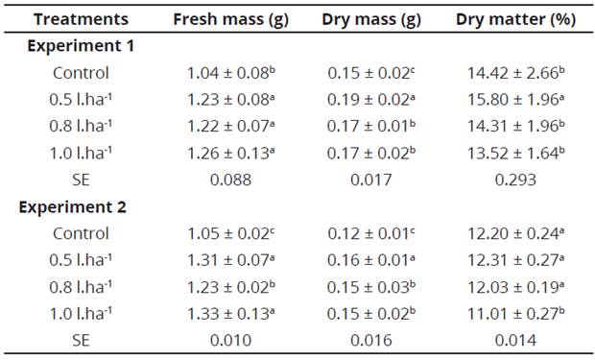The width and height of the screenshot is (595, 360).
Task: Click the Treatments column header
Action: point(82,19)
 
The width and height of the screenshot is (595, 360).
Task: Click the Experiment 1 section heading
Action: point(81,46)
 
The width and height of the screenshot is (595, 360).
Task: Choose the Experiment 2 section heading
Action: point(81,206)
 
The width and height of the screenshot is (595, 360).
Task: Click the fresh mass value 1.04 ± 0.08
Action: point(226,73)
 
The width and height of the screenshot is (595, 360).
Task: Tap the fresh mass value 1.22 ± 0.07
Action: point(226,126)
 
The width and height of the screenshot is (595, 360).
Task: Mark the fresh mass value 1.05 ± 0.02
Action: point(226,233)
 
